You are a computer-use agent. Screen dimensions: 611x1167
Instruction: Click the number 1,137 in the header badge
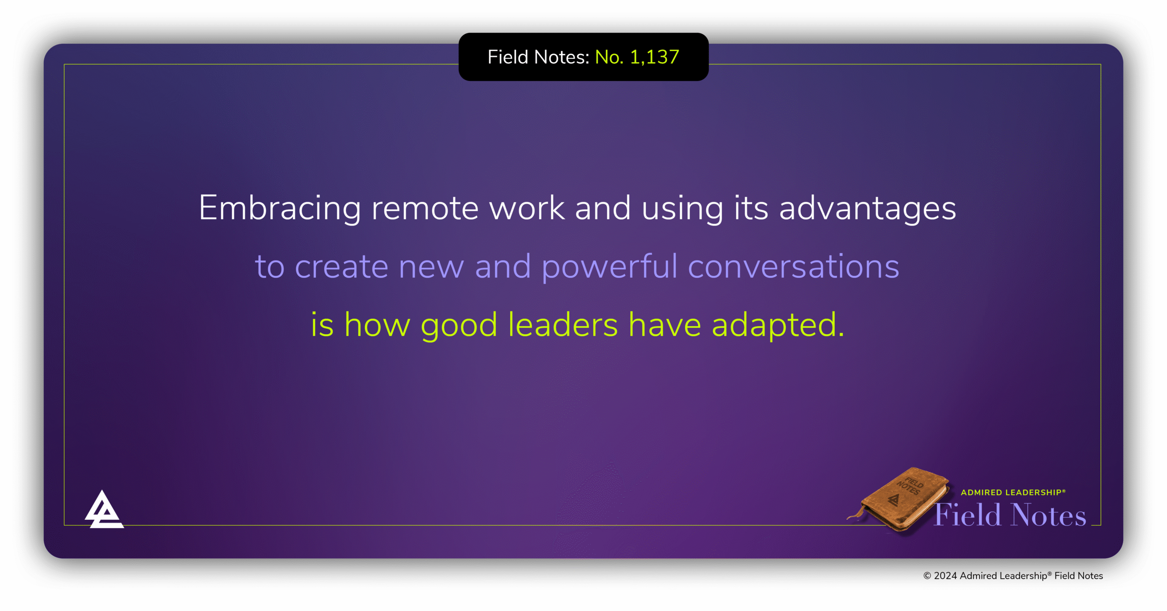click(x=654, y=57)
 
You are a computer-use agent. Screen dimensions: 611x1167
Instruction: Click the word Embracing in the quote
click(x=279, y=208)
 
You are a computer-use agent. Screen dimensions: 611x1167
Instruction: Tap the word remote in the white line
click(x=425, y=208)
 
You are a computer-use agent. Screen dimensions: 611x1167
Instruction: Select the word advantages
click(x=867, y=208)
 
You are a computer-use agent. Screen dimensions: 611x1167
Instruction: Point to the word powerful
click(x=609, y=267)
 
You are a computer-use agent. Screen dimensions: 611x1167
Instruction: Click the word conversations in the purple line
click(x=793, y=267)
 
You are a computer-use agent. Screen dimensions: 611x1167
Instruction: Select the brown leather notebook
click(x=900, y=499)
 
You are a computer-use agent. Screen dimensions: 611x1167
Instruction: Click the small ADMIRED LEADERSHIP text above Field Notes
click(x=1012, y=492)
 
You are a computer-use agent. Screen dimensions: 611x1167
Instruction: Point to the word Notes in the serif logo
click(x=1048, y=515)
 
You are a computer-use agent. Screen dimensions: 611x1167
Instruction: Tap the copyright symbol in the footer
click(x=927, y=576)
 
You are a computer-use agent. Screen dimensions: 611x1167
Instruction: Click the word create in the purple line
click(x=341, y=267)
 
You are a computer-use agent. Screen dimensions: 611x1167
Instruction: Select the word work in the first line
click(x=527, y=208)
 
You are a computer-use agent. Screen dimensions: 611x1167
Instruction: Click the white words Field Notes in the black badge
click(x=538, y=57)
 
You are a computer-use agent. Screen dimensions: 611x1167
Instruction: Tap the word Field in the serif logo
click(x=967, y=515)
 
